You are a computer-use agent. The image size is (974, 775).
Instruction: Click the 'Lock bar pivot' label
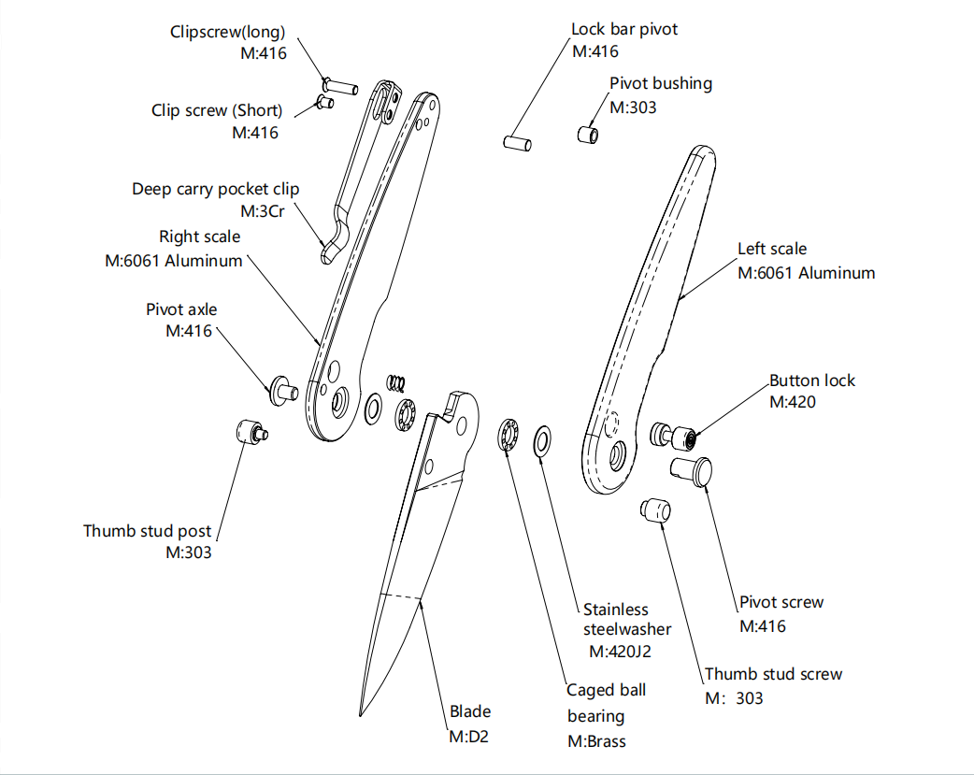(624, 29)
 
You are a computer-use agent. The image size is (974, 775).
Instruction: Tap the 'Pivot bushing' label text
(660, 83)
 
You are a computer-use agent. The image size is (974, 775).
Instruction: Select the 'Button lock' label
(811, 380)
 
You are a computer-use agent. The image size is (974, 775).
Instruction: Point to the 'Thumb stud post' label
(147, 531)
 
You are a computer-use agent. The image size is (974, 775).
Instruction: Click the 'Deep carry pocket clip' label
(215, 189)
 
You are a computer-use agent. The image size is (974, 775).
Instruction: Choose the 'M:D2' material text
(468, 737)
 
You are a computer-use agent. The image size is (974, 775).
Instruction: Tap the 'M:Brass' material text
(596, 741)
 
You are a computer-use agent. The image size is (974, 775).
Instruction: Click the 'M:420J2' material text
(619, 651)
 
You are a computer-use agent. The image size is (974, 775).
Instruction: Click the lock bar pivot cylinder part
(517, 143)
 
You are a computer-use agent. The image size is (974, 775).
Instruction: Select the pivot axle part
(282, 385)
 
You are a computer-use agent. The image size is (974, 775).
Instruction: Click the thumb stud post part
(250, 432)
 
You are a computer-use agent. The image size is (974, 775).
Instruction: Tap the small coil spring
(396, 381)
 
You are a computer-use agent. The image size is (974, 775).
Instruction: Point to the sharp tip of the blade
(361, 715)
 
